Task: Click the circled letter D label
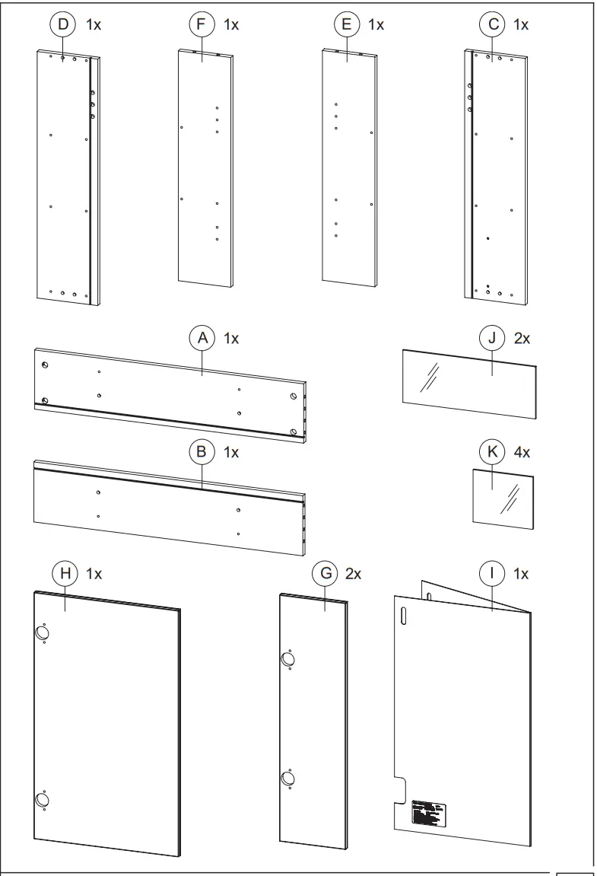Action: pos(63,25)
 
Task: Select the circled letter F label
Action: pos(201,25)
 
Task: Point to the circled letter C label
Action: pos(491,25)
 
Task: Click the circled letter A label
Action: pos(202,339)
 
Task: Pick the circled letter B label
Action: pos(202,451)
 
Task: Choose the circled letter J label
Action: pos(491,339)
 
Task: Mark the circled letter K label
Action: pos(491,451)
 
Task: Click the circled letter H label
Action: pos(64,573)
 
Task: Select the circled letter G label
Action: pos(325,573)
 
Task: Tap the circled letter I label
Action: pos(491,573)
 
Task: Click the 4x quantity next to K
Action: pos(522,451)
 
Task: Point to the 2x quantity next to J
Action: pos(522,339)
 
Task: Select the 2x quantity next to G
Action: pos(353,573)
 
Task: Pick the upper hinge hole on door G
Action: pos(288,659)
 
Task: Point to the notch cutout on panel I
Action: pos(401,789)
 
